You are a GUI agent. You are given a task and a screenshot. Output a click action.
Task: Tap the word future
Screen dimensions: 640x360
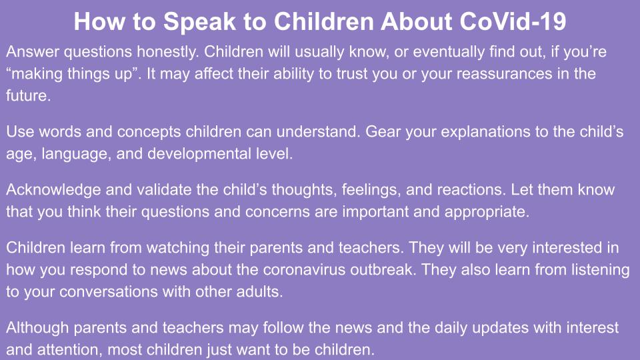point(28,95)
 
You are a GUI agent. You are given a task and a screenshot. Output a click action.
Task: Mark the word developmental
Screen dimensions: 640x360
point(199,154)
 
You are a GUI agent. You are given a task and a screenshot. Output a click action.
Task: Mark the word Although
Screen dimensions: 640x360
point(37,328)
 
